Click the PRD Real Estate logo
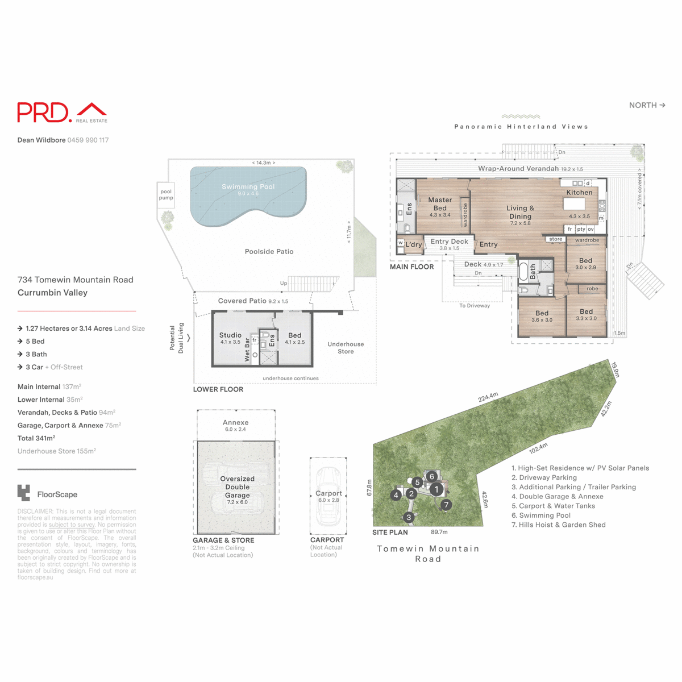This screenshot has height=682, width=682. [62, 113]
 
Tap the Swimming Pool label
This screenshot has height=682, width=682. [248, 187]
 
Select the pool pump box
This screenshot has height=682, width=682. [166, 194]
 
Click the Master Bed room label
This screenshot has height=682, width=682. [440, 204]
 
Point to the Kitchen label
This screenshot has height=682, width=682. [579, 193]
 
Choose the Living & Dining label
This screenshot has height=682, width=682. [520, 212]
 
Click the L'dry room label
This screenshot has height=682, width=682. [414, 245]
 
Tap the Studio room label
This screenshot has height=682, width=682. [230, 335]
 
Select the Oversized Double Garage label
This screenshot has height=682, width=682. [237, 487]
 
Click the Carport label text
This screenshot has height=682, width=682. [328, 493]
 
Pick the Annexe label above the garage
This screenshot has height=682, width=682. [235, 423]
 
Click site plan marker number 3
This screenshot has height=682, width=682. [409, 517]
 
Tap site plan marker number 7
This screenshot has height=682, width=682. [446, 504]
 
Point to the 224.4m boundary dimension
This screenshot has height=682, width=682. [488, 397]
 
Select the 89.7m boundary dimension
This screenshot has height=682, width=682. [439, 533]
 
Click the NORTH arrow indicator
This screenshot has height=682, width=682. [647, 105]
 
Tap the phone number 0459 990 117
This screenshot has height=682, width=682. [88, 140]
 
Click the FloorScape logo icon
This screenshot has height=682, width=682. [24, 493]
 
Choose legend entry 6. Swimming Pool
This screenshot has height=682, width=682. [540, 515]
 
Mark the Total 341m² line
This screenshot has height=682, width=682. [36, 438]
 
